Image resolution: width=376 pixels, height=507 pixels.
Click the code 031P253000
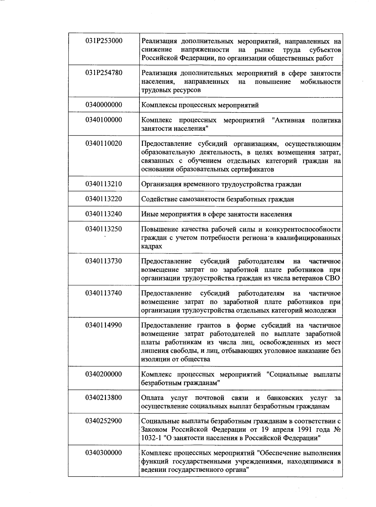pyautogui.click(x=104, y=41)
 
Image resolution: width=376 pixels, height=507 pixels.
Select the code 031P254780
pyautogui.click(x=104, y=73)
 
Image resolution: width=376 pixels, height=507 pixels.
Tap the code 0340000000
pyautogui.click(x=104, y=105)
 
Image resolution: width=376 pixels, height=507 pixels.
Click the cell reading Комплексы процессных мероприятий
pyautogui.click(x=200, y=105)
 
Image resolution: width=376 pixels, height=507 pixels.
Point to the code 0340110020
pyautogui.click(x=104, y=144)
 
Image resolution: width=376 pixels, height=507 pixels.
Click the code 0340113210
pyautogui.click(x=104, y=184)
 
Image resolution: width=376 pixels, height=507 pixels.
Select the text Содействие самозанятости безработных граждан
pyautogui.click(x=217, y=199)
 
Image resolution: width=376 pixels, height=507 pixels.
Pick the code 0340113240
pyautogui.click(x=104, y=214)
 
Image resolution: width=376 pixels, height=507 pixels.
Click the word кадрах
pyautogui.click(x=152, y=246)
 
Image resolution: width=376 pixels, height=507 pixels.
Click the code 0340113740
pyautogui.click(x=104, y=293)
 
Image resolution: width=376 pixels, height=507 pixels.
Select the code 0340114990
pyautogui.click(x=104, y=325)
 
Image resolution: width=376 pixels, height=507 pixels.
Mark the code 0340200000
pyautogui.click(x=104, y=374)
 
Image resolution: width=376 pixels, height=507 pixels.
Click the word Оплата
pyautogui.click(x=152, y=398)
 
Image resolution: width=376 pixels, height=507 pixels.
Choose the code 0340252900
pyautogui.click(x=104, y=421)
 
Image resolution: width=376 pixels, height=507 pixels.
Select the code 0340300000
pyautogui.click(x=104, y=453)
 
